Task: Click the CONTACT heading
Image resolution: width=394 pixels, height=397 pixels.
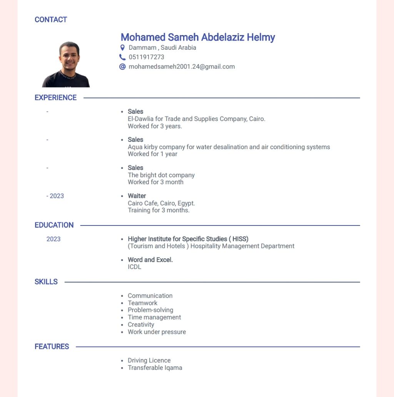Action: pyautogui.click(x=51, y=20)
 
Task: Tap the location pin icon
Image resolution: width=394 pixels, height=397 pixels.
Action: pyautogui.click(x=122, y=48)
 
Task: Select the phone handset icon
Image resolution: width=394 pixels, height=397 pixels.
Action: pyautogui.click(x=122, y=57)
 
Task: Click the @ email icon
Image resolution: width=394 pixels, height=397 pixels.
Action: pyautogui.click(x=122, y=67)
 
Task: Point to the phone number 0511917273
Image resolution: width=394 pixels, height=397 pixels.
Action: pyautogui.click(x=146, y=57)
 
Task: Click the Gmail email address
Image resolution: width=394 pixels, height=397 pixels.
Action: pyautogui.click(x=182, y=67)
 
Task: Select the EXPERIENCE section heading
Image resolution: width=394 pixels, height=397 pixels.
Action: pyautogui.click(x=55, y=98)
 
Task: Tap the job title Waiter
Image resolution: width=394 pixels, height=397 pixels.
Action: pyautogui.click(x=137, y=196)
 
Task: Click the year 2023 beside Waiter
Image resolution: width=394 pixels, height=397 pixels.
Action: pyautogui.click(x=57, y=196)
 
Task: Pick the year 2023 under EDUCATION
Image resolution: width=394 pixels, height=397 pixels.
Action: pyautogui.click(x=53, y=239)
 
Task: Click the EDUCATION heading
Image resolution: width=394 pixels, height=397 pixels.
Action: pyautogui.click(x=54, y=225)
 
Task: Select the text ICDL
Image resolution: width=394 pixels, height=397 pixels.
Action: pyautogui.click(x=135, y=267)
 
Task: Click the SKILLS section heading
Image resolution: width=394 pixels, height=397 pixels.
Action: pyautogui.click(x=46, y=282)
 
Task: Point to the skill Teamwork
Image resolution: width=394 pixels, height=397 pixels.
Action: pyautogui.click(x=142, y=303)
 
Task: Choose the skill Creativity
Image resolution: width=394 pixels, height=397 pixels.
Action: pyautogui.click(x=141, y=325)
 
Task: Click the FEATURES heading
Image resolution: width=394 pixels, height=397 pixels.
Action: pyautogui.click(x=52, y=347)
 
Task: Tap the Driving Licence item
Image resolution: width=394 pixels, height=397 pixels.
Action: pyautogui.click(x=149, y=360)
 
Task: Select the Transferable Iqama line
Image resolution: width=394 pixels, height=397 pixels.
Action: pyautogui.click(x=155, y=368)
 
